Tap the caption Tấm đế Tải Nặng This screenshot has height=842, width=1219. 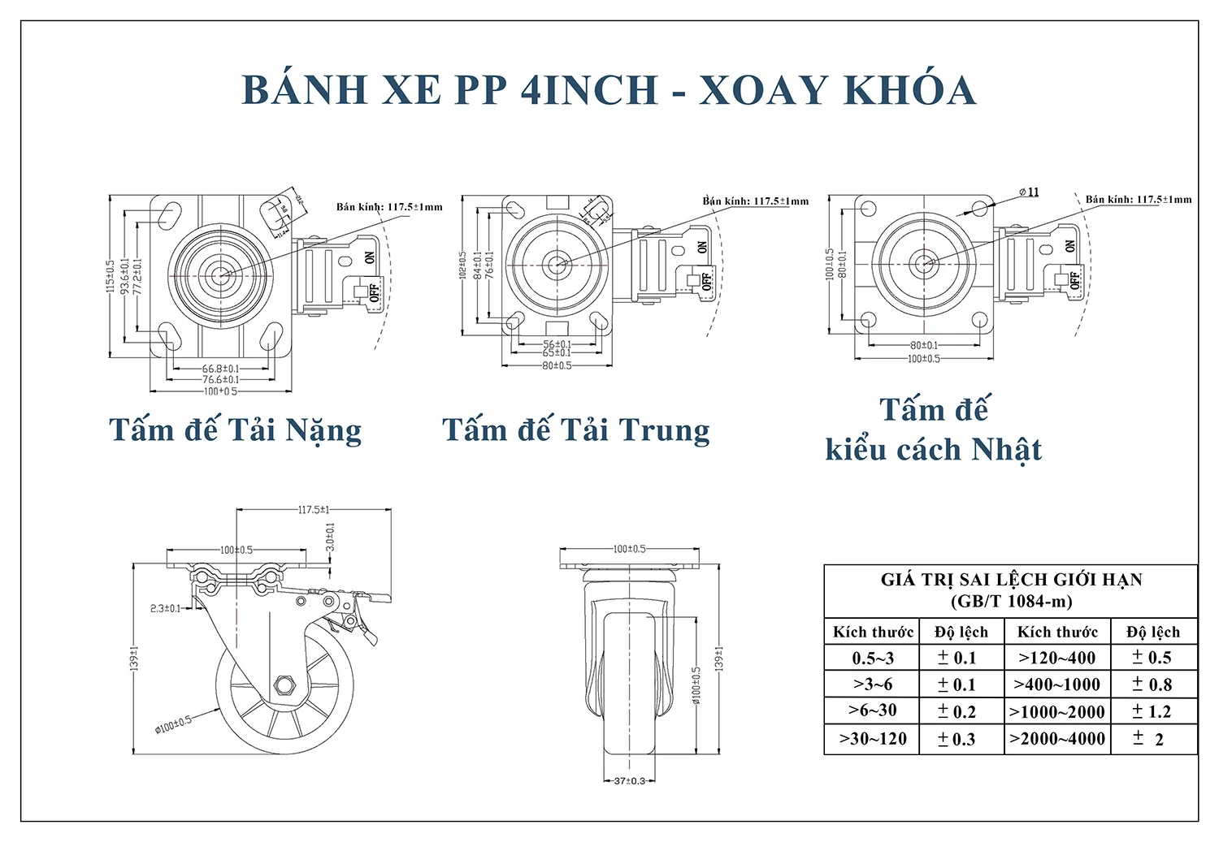pos(235,430)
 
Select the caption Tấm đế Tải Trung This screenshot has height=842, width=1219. pos(575,430)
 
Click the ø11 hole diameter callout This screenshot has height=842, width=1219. pos(1029,192)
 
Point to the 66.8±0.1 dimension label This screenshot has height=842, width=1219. pos(220,369)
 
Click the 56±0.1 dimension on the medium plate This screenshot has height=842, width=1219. pos(557,344)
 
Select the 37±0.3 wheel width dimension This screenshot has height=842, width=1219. pos(629,781)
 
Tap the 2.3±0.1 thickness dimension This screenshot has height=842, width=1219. pos(166,608)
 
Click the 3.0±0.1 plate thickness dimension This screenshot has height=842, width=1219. pos(330,538)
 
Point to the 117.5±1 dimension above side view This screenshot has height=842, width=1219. pos(314,510)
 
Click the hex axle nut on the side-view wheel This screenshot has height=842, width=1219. pos(284,685)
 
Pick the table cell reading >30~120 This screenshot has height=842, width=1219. pos(872,739)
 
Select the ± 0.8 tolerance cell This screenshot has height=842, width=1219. pos(1152,684)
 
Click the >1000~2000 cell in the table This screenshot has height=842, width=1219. pos(1056,712)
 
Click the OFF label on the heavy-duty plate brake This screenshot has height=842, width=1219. pos(374,291)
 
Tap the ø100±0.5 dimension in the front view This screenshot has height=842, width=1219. pos(696,686)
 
